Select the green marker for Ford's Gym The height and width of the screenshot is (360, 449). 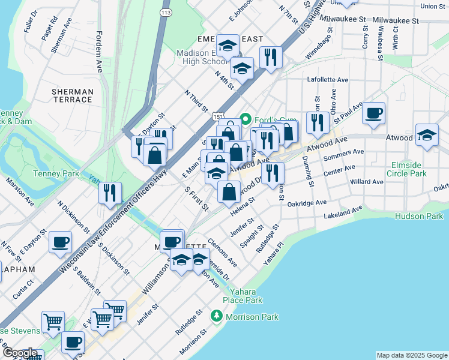(245, 118)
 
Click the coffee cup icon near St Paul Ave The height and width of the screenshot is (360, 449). (373, 113)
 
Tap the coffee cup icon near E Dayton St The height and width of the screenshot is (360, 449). (60, 243)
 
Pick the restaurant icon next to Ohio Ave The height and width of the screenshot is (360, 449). (317, 122)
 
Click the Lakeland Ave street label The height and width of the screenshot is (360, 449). (343, 212)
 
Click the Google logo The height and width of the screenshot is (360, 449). (20, 353)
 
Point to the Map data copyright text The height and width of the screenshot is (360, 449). (411, 355)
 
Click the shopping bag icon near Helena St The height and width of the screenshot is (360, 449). (229, 193)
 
